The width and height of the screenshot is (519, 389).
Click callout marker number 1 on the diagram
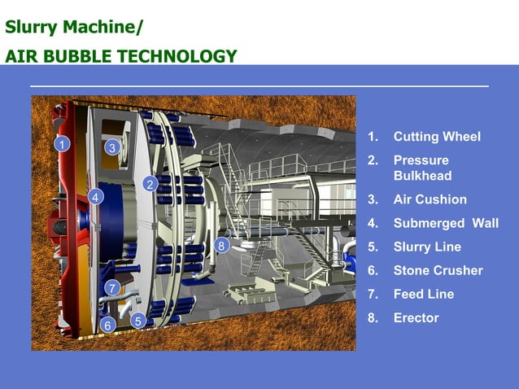(59, 145)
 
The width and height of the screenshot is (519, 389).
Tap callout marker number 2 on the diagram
(149, 184)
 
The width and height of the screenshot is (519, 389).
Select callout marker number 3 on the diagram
(112, 147)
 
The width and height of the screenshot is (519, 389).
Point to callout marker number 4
(95, 197)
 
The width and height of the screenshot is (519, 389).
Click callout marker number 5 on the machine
(138, 321)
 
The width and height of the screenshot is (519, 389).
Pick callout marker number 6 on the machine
(107, 326)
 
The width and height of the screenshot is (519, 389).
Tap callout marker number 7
(112, 288)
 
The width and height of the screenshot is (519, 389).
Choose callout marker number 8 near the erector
(221, 245)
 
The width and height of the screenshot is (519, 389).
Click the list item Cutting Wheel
(437, 137)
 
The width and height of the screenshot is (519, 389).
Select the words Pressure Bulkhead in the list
(422, 168)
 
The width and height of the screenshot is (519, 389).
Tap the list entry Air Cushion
(430, 199)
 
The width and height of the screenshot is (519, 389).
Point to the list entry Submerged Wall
(445, 223)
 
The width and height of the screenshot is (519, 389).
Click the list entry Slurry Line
(427, 247)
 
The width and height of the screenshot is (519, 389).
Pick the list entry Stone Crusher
(438, 270)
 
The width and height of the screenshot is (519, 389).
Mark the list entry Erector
(416, 317)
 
